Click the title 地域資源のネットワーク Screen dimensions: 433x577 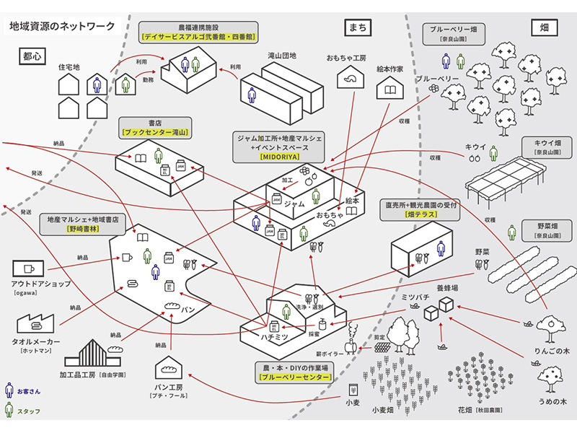[x=62, y=27]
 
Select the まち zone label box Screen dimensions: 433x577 [x=357, y=27]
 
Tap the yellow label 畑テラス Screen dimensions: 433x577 [x=422, y=216]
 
